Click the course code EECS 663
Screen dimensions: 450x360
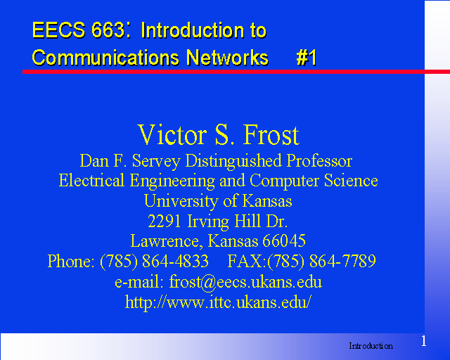pyautogui.click(x=78, y=30)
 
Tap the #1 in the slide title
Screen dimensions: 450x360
pyautogui.click(x=307, y=58)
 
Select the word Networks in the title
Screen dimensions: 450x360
pyautogui.click(x=227, y=58)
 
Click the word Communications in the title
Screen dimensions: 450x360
pyautogui.click(x=106, y=58)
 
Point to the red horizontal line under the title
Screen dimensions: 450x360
pyautogui.click(x=236, y=72)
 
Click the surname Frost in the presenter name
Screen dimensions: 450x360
pyautogui.click(x=271, y=134)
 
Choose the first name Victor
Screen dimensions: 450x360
pyautogui.click(x=172, y=134)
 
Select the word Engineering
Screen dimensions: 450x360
pyautogui.click(x=172, y=181)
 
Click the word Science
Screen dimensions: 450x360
pyautogui.click(x=351, y=181)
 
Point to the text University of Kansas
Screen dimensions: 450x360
pyautogui.click(x=218, y=201)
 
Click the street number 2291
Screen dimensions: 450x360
pyautogui.click(x=165, y=221)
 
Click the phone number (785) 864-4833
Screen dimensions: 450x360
pyautogui.click(x=154, y=262)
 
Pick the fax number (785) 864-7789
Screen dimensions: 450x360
pyautogui.click(x=321, y=262)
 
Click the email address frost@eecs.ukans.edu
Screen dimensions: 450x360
pyautogui.click(x=245, y=282)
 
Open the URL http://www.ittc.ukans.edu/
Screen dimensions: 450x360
pyautogui.click(x=218, y=302)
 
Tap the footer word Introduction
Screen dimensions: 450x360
pyautogui.click(x=371, y=346)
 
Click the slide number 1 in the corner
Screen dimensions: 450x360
pyautogui.click(x=423, y=341)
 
